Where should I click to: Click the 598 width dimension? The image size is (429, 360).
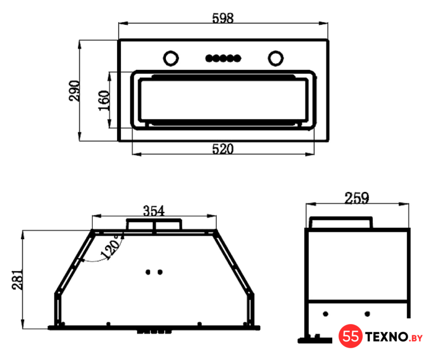coord(223,19)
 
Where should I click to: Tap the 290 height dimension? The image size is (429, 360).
coord(74,91)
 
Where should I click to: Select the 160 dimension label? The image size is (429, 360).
coord(104,100)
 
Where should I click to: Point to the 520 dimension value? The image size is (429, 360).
coord(223,149)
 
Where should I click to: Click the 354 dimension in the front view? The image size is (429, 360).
coord(153,211)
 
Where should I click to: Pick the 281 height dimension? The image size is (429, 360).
coord(17,280)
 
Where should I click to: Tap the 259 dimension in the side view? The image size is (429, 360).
coord(357,198)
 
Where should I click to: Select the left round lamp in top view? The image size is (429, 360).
coord(171,58)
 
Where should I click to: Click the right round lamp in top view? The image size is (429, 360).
coord(276,58)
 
